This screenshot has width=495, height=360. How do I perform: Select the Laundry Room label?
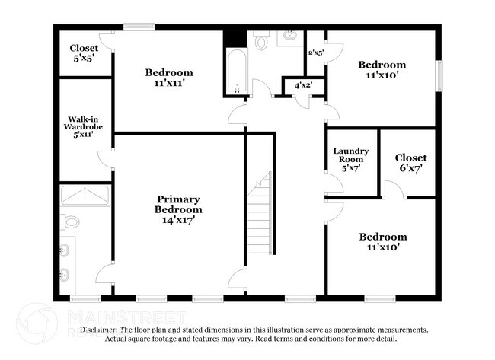(351, 155)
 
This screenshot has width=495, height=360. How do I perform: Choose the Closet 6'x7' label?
(410, 163)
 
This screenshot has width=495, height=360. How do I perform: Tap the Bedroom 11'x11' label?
(169, 78)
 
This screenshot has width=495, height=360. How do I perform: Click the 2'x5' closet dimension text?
(315, 53)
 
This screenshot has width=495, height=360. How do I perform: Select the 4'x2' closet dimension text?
(302, 86)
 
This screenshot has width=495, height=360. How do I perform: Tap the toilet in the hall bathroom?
(261, 42)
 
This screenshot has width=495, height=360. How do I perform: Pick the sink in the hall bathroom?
(291, 36)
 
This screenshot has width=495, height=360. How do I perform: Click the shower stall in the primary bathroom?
(85, 196)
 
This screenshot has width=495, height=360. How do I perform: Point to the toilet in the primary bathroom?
(71, 221)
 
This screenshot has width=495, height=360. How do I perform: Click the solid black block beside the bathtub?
(235, 39)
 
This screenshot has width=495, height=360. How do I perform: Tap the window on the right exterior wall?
(439, 77)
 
